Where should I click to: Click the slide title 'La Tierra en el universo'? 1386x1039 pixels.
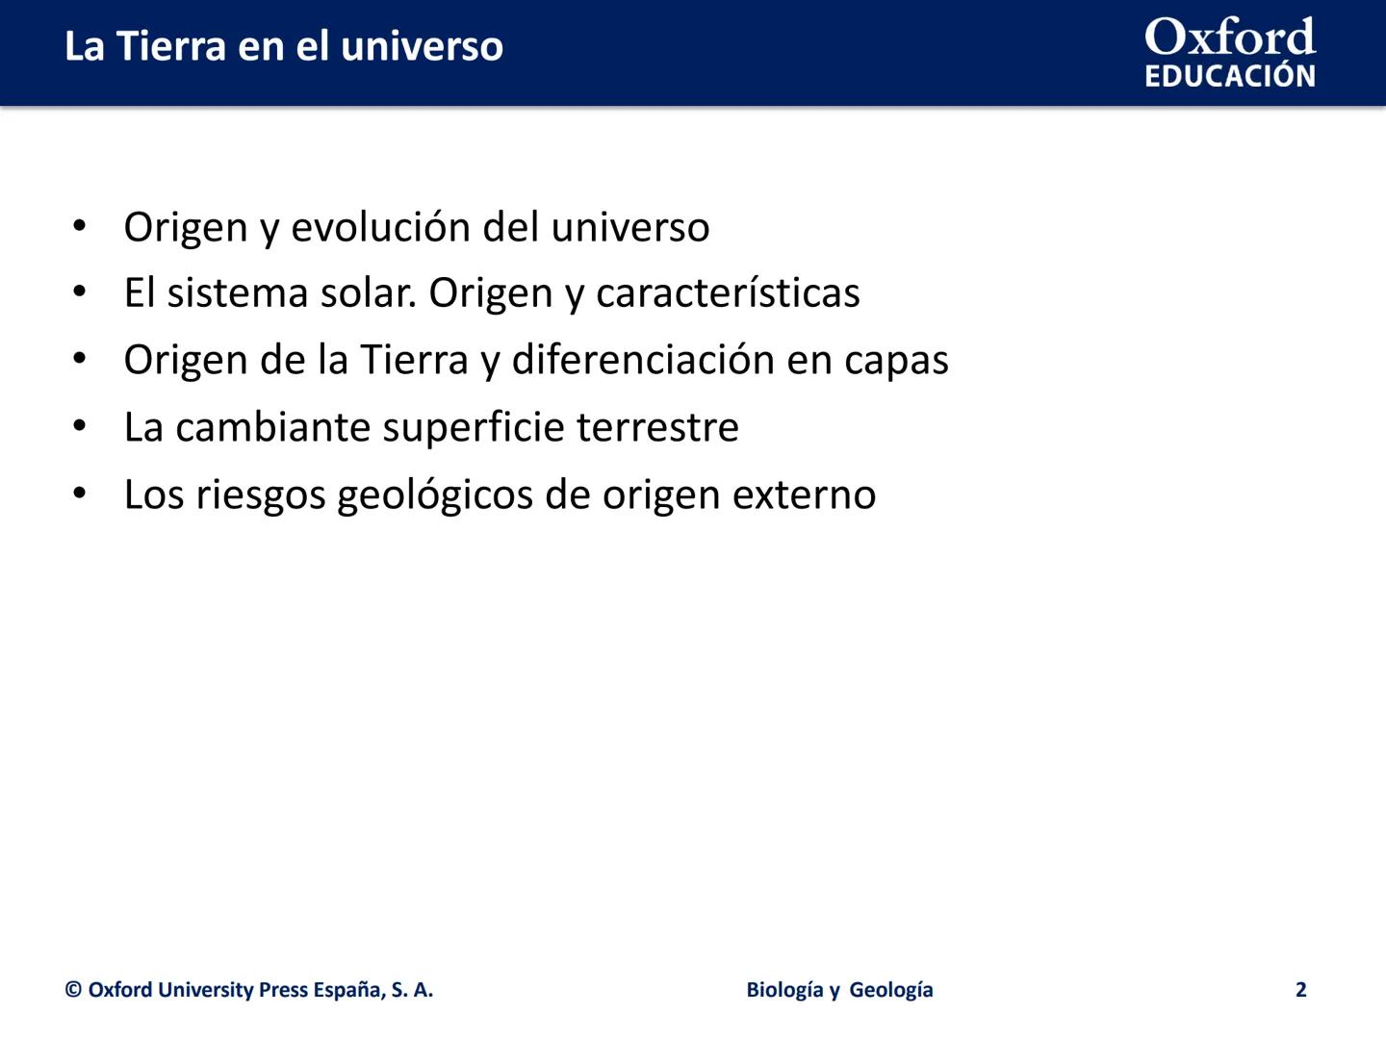284,47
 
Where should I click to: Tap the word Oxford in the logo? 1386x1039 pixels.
1230,37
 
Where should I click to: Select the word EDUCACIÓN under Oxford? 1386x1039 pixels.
1230,76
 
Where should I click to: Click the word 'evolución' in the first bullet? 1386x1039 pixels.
381,226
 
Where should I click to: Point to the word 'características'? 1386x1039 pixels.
728,292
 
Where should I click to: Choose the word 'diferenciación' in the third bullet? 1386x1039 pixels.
643,360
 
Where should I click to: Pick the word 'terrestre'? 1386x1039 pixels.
657,428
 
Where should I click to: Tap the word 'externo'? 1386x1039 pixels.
804,495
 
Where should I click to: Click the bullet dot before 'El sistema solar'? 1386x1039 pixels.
79,291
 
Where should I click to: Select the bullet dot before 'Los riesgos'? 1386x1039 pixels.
79,493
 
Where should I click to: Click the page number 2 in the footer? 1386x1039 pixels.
1300,989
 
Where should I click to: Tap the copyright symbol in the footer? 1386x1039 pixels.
73,990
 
